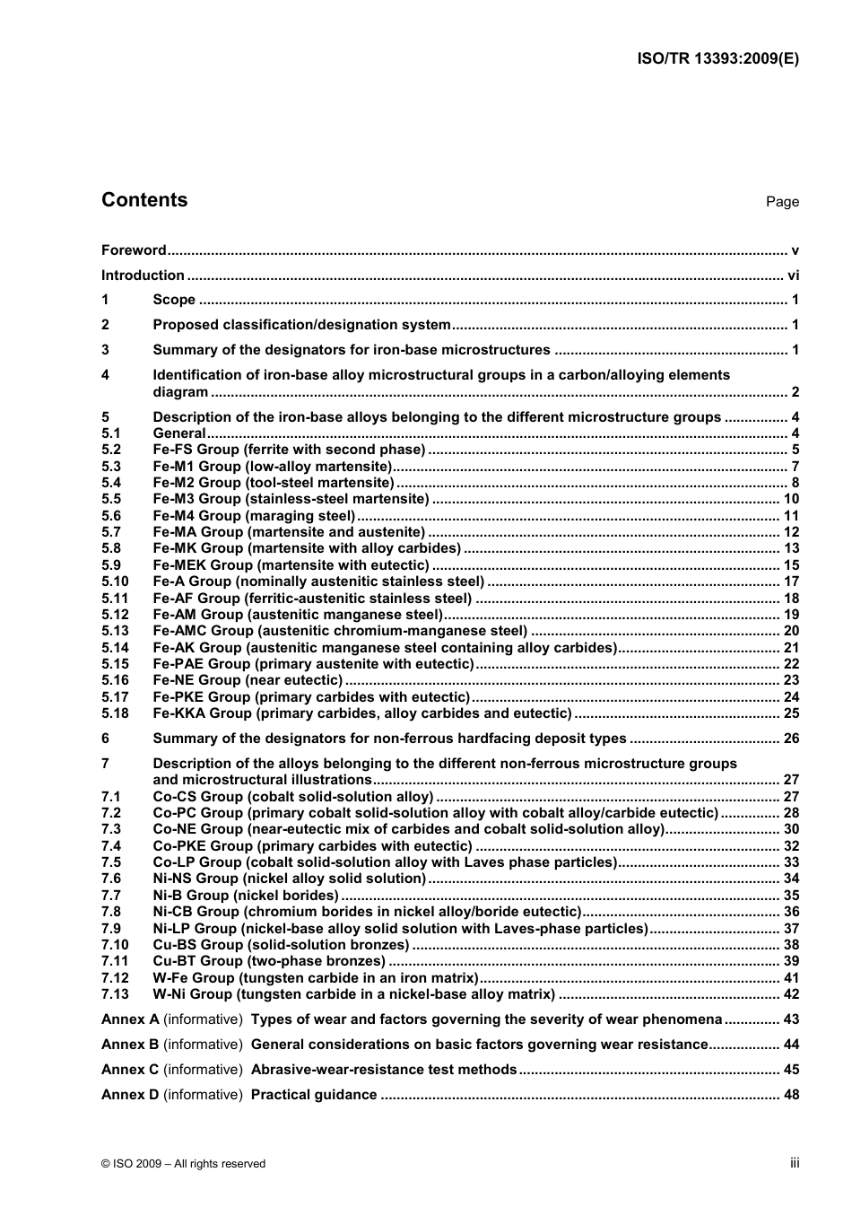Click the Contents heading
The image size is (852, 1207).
[x=144, y=200]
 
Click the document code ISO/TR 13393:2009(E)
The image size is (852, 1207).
[x=717, y=58]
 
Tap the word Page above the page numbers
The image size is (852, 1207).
[x=782, y=202]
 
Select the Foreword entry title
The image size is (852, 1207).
[x=134, y=250]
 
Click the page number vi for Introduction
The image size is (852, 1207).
[x=793, y=276]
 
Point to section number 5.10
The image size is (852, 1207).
[x=115, y=582]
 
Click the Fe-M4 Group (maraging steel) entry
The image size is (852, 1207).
[x=254, y=516]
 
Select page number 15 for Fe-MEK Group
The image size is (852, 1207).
[x=791, y=565]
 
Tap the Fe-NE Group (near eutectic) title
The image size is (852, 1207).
[x=248, y=680]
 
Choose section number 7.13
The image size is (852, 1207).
[x=115, y=994]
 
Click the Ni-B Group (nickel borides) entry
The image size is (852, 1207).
[x=246, y=896]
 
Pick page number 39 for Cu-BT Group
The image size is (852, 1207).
[x=791, y=961]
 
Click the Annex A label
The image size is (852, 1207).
[x=130, y=1019]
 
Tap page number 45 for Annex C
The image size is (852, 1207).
[x=791, y=1070]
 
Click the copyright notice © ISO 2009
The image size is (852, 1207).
[x=183, y=1164]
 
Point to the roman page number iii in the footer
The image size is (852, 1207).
[x=795, y=1163]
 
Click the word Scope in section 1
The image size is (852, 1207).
[x=174, y=300]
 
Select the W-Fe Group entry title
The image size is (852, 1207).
[x=315, y=978]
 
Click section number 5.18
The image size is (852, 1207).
[x=115, y=713]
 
